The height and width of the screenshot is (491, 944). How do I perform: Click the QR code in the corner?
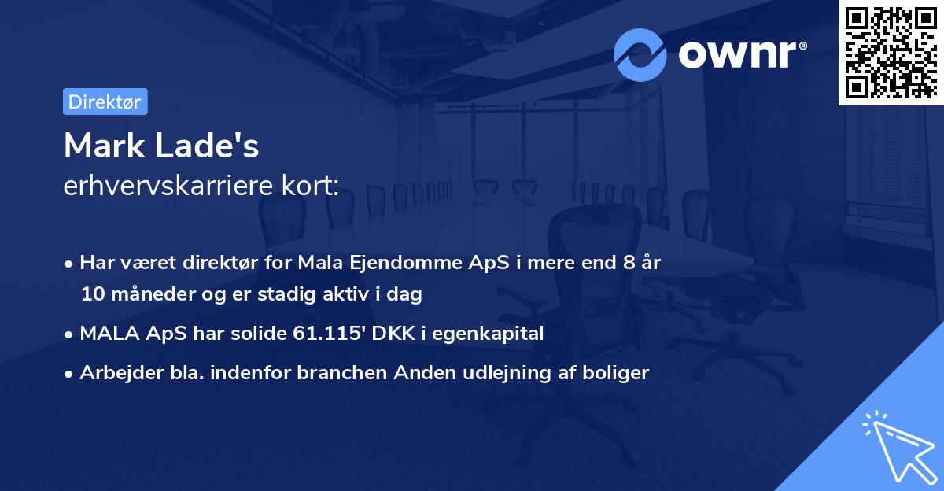[x=891, y=53]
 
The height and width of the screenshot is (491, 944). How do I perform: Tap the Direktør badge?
[x=105, y=102]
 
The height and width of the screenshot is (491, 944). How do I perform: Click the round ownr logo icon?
[x=640, y=54]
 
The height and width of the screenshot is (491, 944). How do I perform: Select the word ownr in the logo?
[x=740, y=54]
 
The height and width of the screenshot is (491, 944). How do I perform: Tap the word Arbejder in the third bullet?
[x=113, y=373]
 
